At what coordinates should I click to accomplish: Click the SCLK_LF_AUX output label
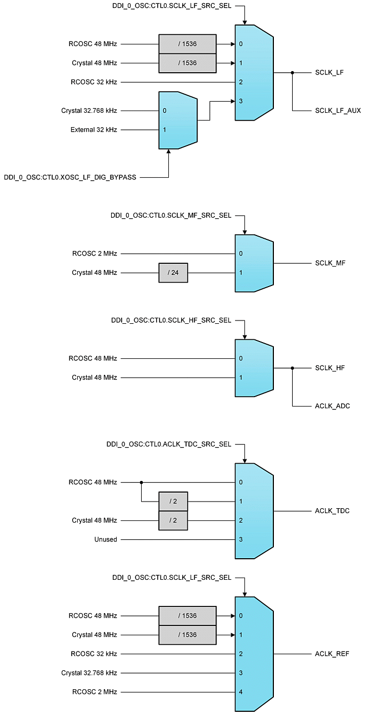pos(338,111)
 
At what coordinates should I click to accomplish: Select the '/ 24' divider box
pos(173,273)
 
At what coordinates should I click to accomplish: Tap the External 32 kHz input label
pos(94,129)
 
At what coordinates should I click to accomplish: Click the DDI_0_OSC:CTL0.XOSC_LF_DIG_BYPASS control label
pos(70,178)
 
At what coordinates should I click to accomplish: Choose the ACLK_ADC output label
pos(332,406)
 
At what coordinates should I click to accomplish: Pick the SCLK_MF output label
pos(330,263)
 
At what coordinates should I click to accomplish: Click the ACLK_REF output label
pos(332,654)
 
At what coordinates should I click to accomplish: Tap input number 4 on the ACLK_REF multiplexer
pos(241,692)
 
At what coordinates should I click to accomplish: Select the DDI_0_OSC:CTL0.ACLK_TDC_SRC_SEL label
pos(168,445)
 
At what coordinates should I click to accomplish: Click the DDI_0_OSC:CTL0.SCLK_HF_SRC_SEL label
pos(171,320)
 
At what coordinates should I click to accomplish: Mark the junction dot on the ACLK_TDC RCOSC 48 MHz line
pos(141,482)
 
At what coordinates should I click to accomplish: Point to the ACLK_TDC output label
pos(332,510)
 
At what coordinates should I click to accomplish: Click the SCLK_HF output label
pos(330,368)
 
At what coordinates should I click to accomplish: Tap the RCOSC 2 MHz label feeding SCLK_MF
pos(94,254)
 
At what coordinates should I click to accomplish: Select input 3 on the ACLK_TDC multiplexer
pos(241,539)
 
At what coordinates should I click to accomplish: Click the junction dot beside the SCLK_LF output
pos(292,72)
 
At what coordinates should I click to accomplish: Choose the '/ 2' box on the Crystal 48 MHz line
pos(173,520)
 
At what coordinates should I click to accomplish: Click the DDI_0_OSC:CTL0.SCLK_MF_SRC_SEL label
pos(171,215)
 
